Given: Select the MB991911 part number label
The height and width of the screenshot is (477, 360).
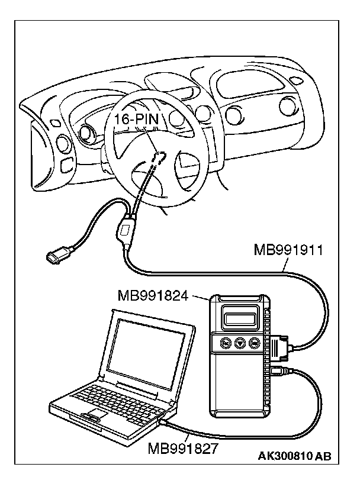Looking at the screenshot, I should coord(288,250).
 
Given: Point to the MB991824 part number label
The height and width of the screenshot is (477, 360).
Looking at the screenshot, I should coord(153,294).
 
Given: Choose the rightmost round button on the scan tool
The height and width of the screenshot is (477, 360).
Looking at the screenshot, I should coord(255,342).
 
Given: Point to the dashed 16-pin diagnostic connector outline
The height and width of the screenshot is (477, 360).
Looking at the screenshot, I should coord(157,157).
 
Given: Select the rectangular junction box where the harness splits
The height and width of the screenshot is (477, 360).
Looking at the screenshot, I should coord(127,230).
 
